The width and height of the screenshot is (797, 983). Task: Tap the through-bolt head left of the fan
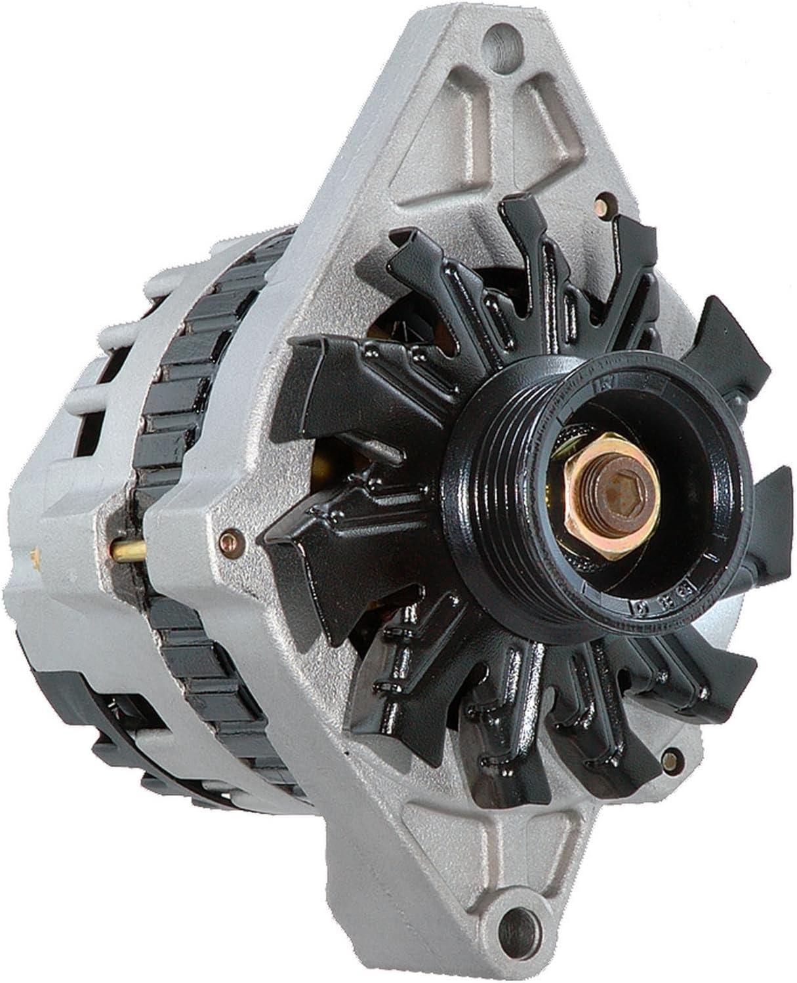[228, 540]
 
